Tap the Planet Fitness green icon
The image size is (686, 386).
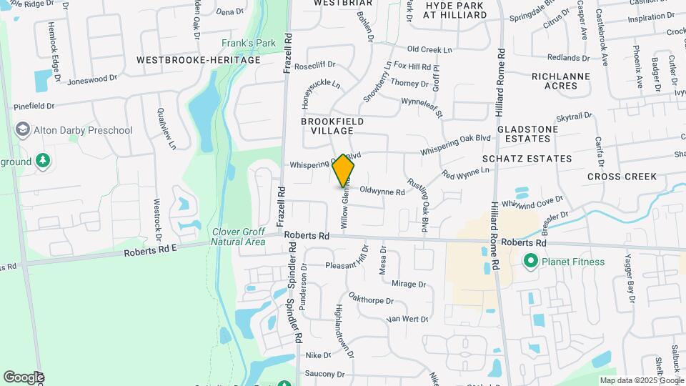pyautogui.click(x=530, y=262)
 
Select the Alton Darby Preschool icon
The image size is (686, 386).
pyautogui.click(x=22, y=130)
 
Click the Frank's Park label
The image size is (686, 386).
pyautogui.click(x=248, y=44)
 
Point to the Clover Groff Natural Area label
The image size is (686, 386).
pyautogui.click(x=238, y=237)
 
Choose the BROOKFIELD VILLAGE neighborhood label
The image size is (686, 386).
pyautogui.click(x=327, y=127)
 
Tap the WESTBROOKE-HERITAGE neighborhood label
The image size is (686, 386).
pyautogui.click(x=199, y=60)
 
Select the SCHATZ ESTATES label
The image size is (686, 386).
pyautogui.click(x=527, y=158)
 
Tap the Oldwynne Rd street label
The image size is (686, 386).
pyautogui.click(x=382, y=192)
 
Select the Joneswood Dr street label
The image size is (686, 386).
pyautogui.click(x=91, y=80)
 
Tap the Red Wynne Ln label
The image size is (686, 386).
pyautogui.click(x=465, y=172)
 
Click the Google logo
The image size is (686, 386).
pyautogui.click(x=24, y=377)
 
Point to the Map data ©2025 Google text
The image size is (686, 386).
pyautogui.click(x=641, y=380)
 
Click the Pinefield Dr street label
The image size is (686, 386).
pyautogui.click(x=34, y=106)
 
